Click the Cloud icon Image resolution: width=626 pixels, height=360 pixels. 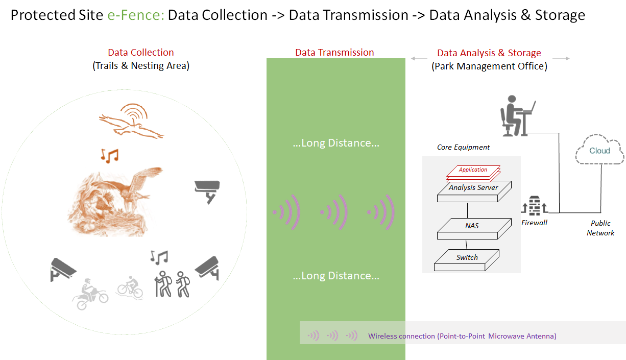coord(599,150)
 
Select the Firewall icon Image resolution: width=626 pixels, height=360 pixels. coord(535,205)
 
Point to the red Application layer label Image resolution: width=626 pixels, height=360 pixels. coord(473,170)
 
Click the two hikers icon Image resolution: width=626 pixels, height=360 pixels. coord(172,283)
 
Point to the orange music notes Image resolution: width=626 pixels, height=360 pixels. coord(109,155)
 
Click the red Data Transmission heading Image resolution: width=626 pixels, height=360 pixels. coord(334,52)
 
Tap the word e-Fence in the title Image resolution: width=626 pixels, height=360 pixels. coord(136,15)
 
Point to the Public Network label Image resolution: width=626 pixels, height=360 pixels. coord(600,228)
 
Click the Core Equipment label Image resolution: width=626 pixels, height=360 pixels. coord(463,147)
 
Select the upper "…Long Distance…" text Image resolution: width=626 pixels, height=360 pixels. coord(335,143)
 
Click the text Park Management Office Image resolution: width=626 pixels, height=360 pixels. coord(489,66)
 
